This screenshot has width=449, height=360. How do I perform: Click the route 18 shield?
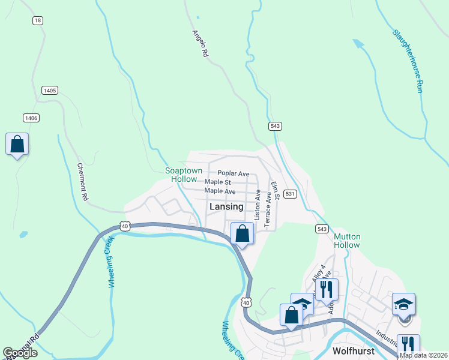pos(38,20)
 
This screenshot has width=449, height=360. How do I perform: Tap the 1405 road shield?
pos(50,90)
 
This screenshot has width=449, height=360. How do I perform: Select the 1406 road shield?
pos(31,118)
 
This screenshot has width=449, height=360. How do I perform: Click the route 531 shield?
pos(290,194)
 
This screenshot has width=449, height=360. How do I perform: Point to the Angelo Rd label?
pos(200,44)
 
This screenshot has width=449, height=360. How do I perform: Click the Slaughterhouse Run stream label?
pos(408,61)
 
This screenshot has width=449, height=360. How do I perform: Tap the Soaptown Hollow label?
pos(184,175)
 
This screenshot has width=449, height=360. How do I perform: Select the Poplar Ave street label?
pos(233,173)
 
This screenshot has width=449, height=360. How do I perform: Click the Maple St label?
pos(217,182)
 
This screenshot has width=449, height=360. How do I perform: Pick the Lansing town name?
pos(226,206)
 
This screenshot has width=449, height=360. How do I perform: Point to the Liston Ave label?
pos(258,205)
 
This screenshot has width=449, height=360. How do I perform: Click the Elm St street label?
pos(276,190)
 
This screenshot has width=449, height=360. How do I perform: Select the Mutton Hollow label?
pos(347,241)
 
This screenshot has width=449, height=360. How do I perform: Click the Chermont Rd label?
pos(83,182)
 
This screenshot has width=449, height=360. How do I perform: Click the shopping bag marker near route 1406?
pos(17,145)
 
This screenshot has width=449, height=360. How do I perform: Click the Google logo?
pos(20,353)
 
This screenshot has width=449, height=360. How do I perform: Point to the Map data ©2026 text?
pos(424,355)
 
